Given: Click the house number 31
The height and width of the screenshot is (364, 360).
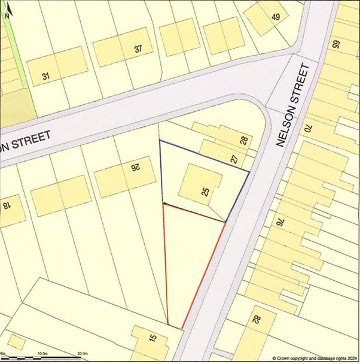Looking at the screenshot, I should [x=46, y=76].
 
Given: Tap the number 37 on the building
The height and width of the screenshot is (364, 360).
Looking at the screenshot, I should [x=138, y=49].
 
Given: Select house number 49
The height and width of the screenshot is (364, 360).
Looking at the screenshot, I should [x=275, y=17].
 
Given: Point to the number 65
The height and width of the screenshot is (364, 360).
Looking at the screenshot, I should [x=335, y=44].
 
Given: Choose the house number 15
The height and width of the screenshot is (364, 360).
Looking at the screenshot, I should [x=152, y=339].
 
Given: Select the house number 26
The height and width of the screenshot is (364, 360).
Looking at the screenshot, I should [x=135, y=168].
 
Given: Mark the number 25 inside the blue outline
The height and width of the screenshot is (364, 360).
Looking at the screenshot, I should [x=205, y=192].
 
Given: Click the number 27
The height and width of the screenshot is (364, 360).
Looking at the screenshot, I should [x=234, y=159].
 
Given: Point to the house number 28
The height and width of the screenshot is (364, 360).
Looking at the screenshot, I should [x=243, y=141].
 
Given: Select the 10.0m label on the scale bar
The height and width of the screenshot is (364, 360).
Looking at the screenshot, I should [x=42, y=354].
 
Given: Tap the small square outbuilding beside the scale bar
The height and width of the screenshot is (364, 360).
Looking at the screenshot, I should [x=16, y=342].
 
